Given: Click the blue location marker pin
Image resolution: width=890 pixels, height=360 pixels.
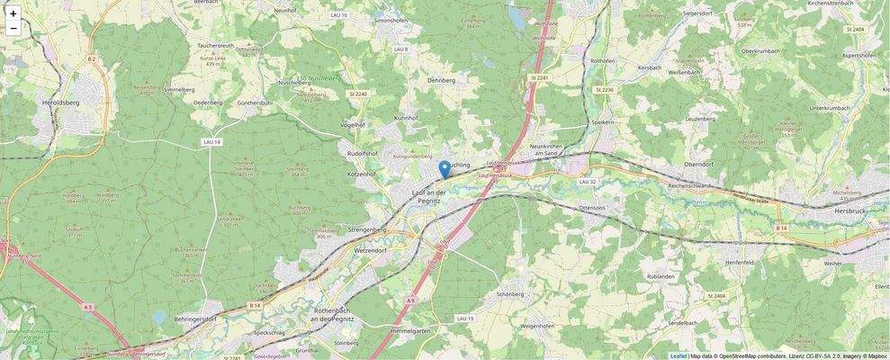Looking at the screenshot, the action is (x=444, y=169).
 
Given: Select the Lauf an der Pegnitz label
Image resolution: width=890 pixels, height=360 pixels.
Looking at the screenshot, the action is (x=429, y=198).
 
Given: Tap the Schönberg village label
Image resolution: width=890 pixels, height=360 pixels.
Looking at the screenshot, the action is (x=510, y=294).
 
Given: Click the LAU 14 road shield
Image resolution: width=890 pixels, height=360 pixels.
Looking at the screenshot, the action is (x=211, y=142).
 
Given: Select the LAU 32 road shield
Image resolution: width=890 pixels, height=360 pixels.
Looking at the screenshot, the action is (x=588, y=182).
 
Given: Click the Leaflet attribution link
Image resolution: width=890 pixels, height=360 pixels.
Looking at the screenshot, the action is (x=678, y=355).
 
